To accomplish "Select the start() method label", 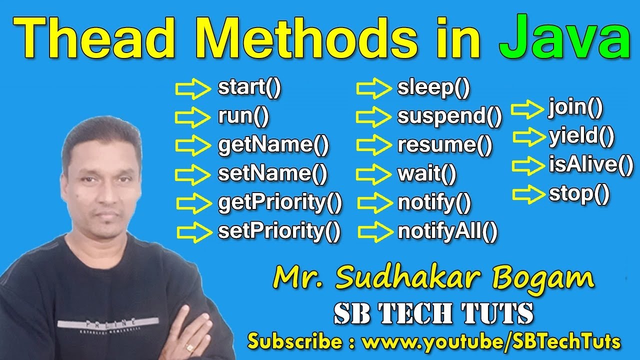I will click(x=249, y=88).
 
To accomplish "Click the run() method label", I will click(x=243, y=117).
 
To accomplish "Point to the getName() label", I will click(x=273, y=145).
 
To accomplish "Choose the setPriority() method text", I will click(x=279, y=231).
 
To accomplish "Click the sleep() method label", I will click(x=433, y=88).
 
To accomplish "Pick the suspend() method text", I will click(x=449, y=117).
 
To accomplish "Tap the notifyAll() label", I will click(x=447, y=231).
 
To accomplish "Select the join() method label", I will click(x=575, y=108).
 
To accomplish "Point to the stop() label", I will click(x=579, y=193).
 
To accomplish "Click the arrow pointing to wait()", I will click(x=373, y=174).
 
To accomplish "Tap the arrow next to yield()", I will click(x=529, y=136).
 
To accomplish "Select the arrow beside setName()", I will click(x=193, y=174).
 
